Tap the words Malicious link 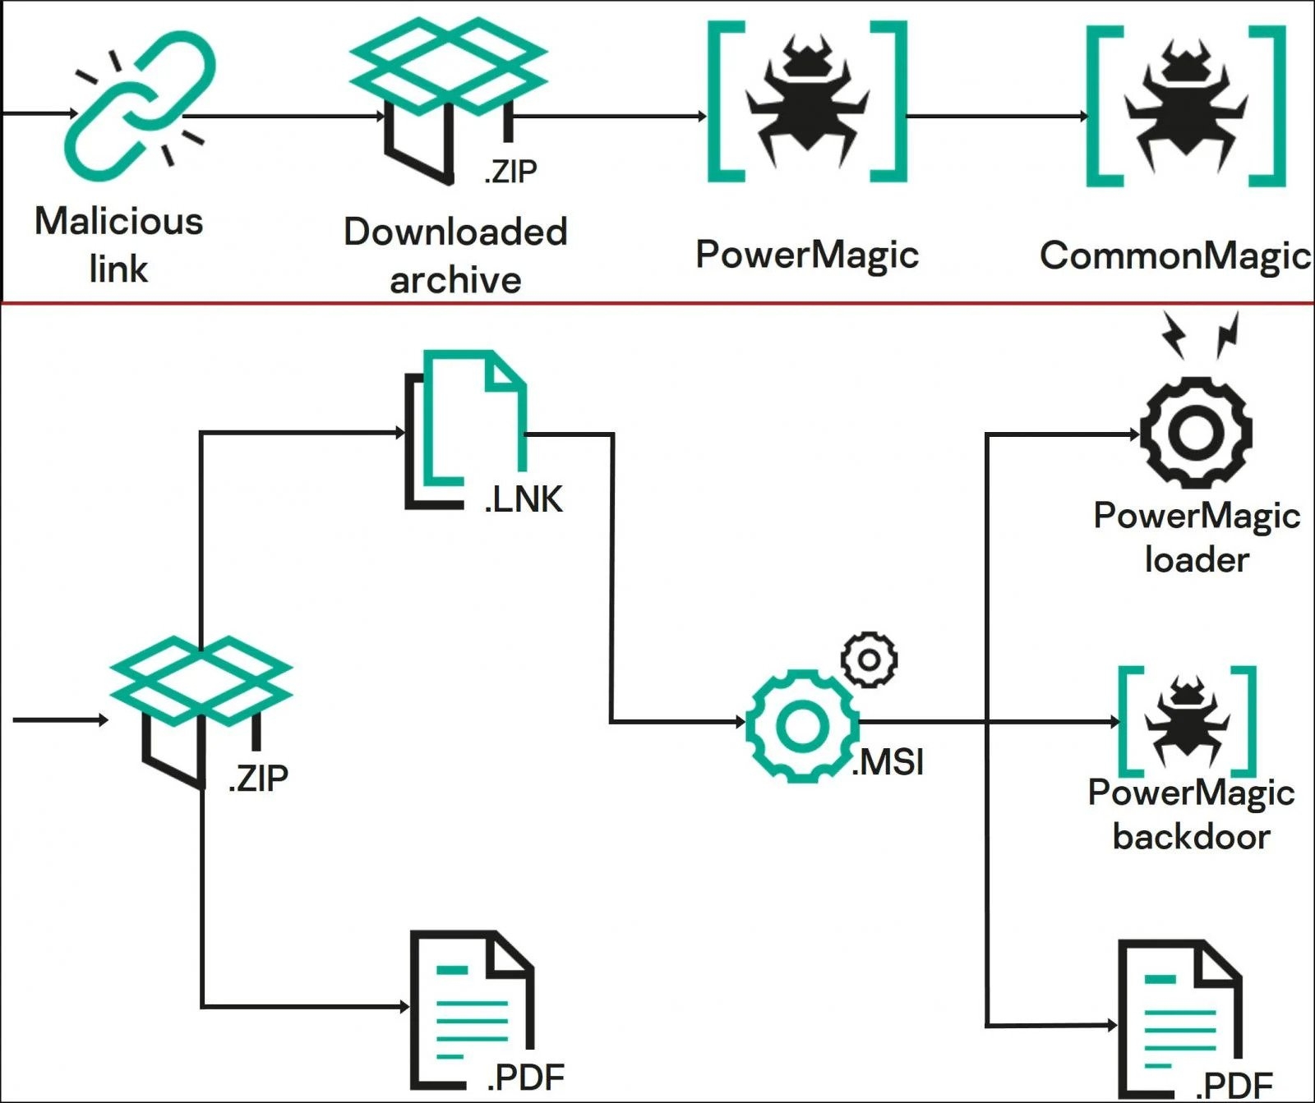(x=119, y=244)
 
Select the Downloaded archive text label (x=455, y=255)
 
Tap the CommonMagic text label (x=1175, y=255)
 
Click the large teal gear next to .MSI (x=802, y=726)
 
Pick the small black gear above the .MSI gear (x=870, y=660)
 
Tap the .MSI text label (x=888, y=763)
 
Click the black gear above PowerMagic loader (x=1196, y=432)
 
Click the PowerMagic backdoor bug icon (x=1188, y=720)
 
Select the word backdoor (x=1192, y=837)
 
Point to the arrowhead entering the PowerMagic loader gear (x=1135, y=434)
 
